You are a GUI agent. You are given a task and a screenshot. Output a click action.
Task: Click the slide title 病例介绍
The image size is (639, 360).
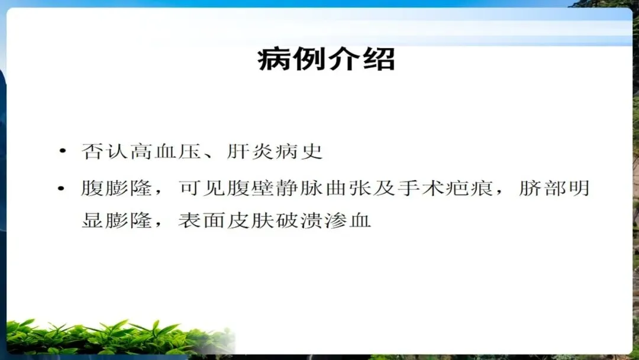326,59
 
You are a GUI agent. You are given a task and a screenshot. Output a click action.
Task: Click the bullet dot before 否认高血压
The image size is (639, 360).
62,151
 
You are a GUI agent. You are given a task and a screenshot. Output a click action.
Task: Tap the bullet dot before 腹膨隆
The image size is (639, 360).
62,188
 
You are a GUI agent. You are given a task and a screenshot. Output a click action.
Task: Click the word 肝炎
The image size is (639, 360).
250,151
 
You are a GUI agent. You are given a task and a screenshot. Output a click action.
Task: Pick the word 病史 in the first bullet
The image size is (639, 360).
299,151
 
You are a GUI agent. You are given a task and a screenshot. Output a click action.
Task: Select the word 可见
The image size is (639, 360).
202,188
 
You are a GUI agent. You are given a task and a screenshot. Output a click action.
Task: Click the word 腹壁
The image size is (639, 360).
250,188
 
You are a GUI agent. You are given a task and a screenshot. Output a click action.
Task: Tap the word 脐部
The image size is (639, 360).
541,188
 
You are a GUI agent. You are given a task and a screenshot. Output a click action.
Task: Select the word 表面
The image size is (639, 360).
202,221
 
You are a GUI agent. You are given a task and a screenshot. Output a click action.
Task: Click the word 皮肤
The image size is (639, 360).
250,221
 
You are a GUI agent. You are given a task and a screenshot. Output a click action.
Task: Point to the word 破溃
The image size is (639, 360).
299,221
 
